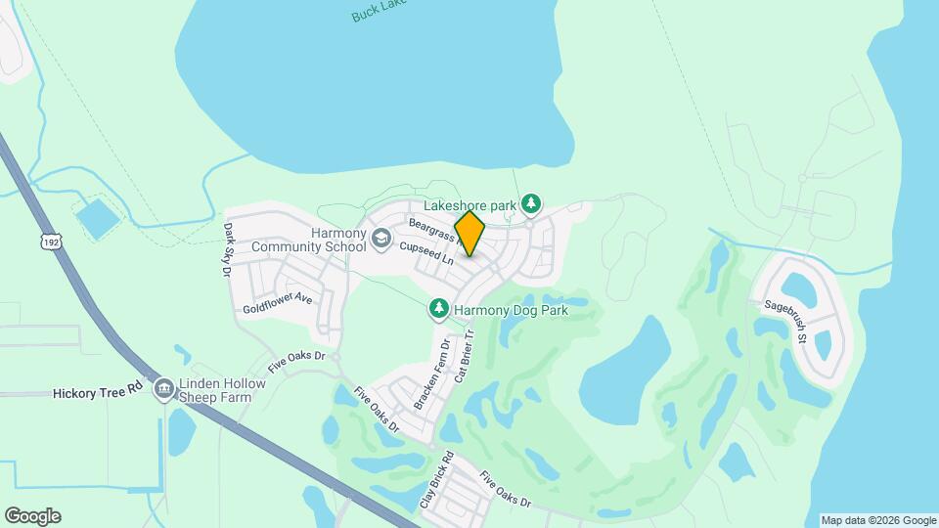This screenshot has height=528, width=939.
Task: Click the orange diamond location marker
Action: (x=470, y=233)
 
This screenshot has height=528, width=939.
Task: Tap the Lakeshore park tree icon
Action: (x=531, y=203)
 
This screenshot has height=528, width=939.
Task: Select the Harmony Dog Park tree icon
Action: (x=439, y=310)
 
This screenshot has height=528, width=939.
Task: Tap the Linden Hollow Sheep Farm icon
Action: (x=163, y=389)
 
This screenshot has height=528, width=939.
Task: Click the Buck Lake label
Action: (x=377, y=13)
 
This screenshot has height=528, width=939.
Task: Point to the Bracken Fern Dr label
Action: (x=431, y=374)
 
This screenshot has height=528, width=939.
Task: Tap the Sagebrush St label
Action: (x=785, y=321)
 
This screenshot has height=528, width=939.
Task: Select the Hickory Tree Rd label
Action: (x=97, y=392)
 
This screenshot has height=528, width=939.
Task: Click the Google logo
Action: (x=32, y=516)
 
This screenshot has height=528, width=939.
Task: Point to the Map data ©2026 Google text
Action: (x=878, y=520)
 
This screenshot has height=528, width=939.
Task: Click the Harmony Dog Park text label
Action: (x=512, y=311)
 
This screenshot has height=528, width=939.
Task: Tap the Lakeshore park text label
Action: (x=469, y=206)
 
